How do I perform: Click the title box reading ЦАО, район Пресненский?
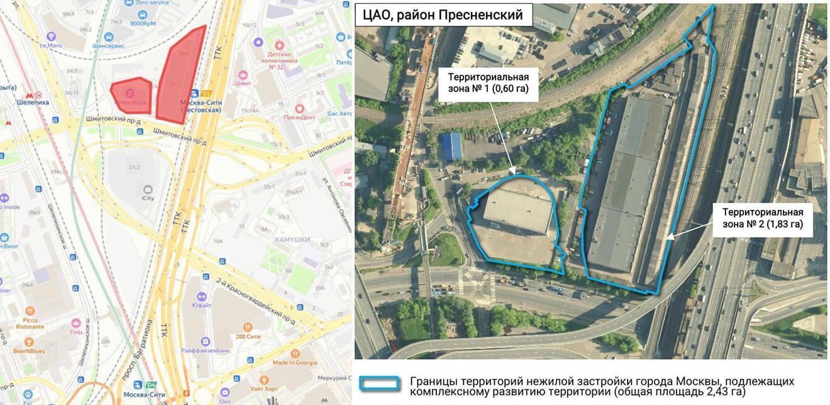click(x=443, y=14)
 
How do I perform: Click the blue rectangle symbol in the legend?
click(x=379, y=383)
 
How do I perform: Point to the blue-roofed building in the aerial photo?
click(x=452, y=146)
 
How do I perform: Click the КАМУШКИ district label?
click(x=289, y=240)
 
